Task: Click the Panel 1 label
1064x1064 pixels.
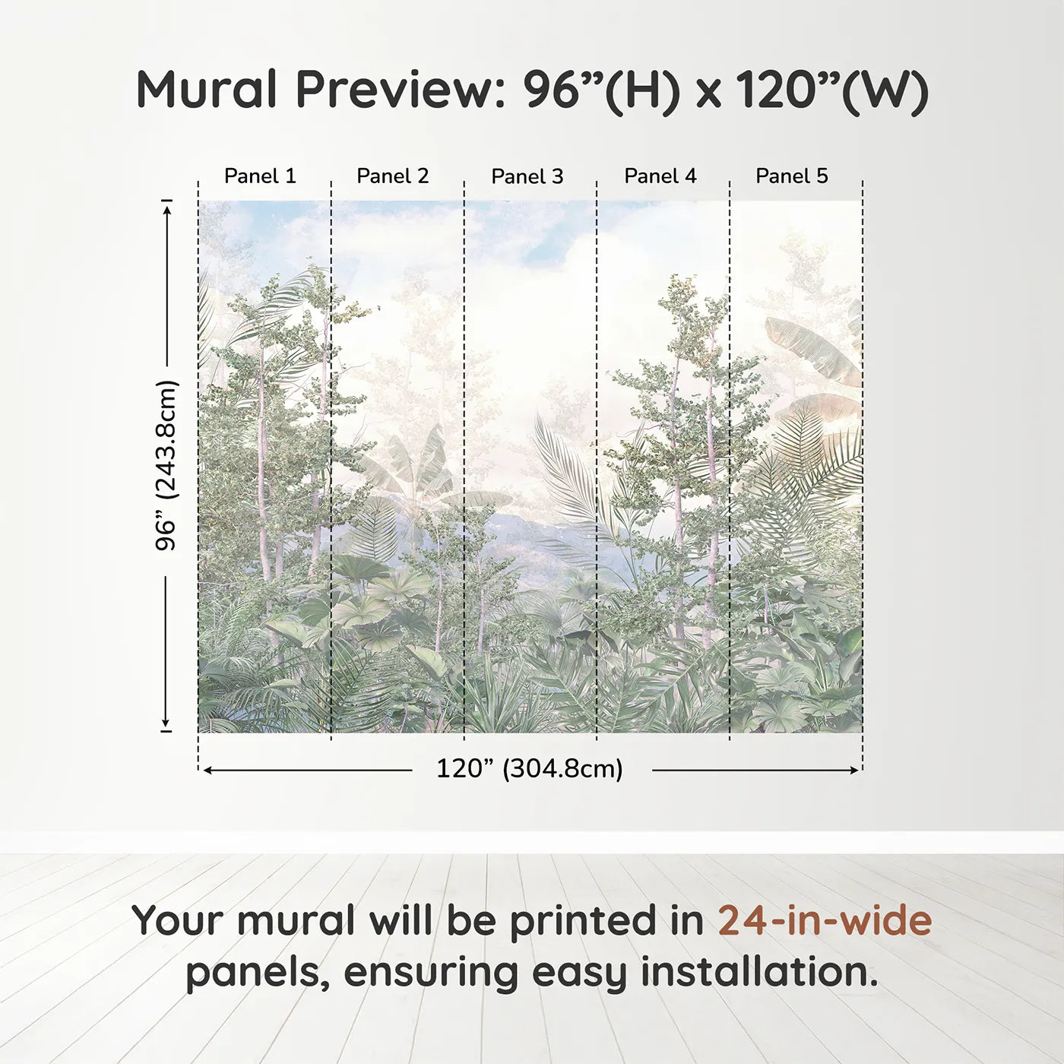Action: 260,176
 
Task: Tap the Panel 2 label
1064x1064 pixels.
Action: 393,176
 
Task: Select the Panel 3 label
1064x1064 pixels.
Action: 527,177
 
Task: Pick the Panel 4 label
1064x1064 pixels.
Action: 660,176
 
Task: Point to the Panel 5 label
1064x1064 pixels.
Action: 792,176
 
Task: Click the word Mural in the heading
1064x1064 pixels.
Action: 207,90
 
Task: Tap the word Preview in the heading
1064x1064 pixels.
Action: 395,90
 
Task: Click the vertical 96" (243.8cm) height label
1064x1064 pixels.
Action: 166,465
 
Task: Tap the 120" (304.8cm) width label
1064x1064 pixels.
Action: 530,769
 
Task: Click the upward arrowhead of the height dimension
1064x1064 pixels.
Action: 167,207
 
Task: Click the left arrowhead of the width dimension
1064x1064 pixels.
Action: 207,770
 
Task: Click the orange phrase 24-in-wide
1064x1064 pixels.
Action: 825,920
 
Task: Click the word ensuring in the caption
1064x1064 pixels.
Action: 432,974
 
